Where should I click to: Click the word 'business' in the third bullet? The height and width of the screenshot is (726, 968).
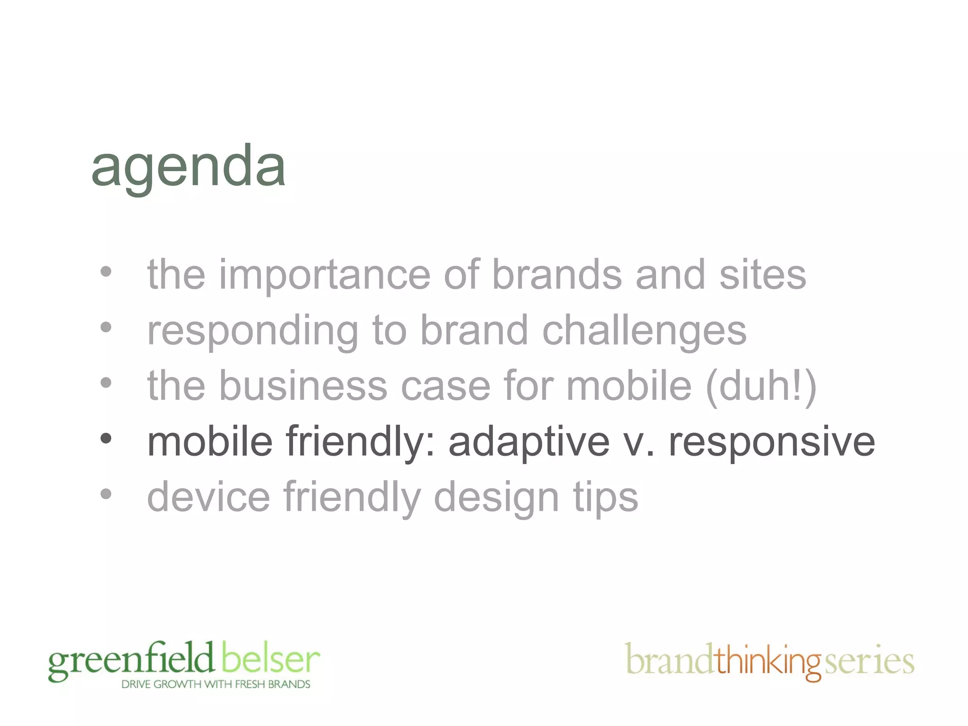point(303,386)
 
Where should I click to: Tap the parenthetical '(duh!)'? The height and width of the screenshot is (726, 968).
point(761,386)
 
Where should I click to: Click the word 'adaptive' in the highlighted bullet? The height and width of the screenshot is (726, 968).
point(529,442)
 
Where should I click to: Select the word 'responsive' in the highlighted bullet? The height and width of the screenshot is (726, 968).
point(771,442)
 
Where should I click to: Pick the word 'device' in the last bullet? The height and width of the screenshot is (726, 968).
point(209,497)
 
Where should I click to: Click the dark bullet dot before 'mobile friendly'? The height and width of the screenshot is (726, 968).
point(106,439)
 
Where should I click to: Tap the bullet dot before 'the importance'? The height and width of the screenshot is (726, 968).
point(106,272)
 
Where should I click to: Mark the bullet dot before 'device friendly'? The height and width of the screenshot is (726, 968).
point(106,494)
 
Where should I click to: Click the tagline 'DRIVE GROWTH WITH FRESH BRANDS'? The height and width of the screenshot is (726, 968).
point(216,684)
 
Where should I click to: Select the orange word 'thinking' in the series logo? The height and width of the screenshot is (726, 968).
point(769,661)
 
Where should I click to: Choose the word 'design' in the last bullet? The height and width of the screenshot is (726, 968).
point(496,497)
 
